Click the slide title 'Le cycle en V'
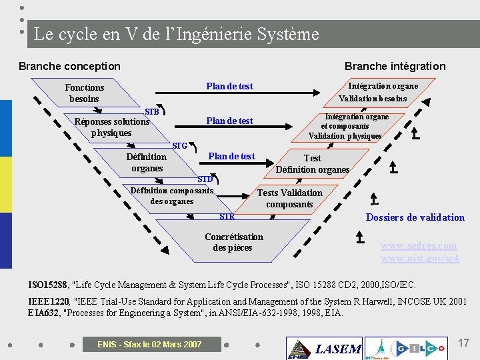[176, 34]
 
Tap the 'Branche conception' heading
[69, 66]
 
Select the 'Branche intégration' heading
[395, 66]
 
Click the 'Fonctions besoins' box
[85, 93]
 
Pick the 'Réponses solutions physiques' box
[112, 127]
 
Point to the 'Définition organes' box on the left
[147, 163]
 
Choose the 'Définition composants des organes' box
[172, 195]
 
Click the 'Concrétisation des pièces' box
[233, 242]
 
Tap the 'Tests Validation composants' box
[289, 198]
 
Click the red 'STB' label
[152, 112]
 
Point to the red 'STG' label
[179, 145]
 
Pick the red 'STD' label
[205, 179]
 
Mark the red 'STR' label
[227, 216]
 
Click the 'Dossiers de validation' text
[415, 217]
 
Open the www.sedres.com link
[419, 245]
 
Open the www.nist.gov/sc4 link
[420, 258]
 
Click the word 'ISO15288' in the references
[48, 285]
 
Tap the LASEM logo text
[338, 349]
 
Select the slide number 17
[464, 343]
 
